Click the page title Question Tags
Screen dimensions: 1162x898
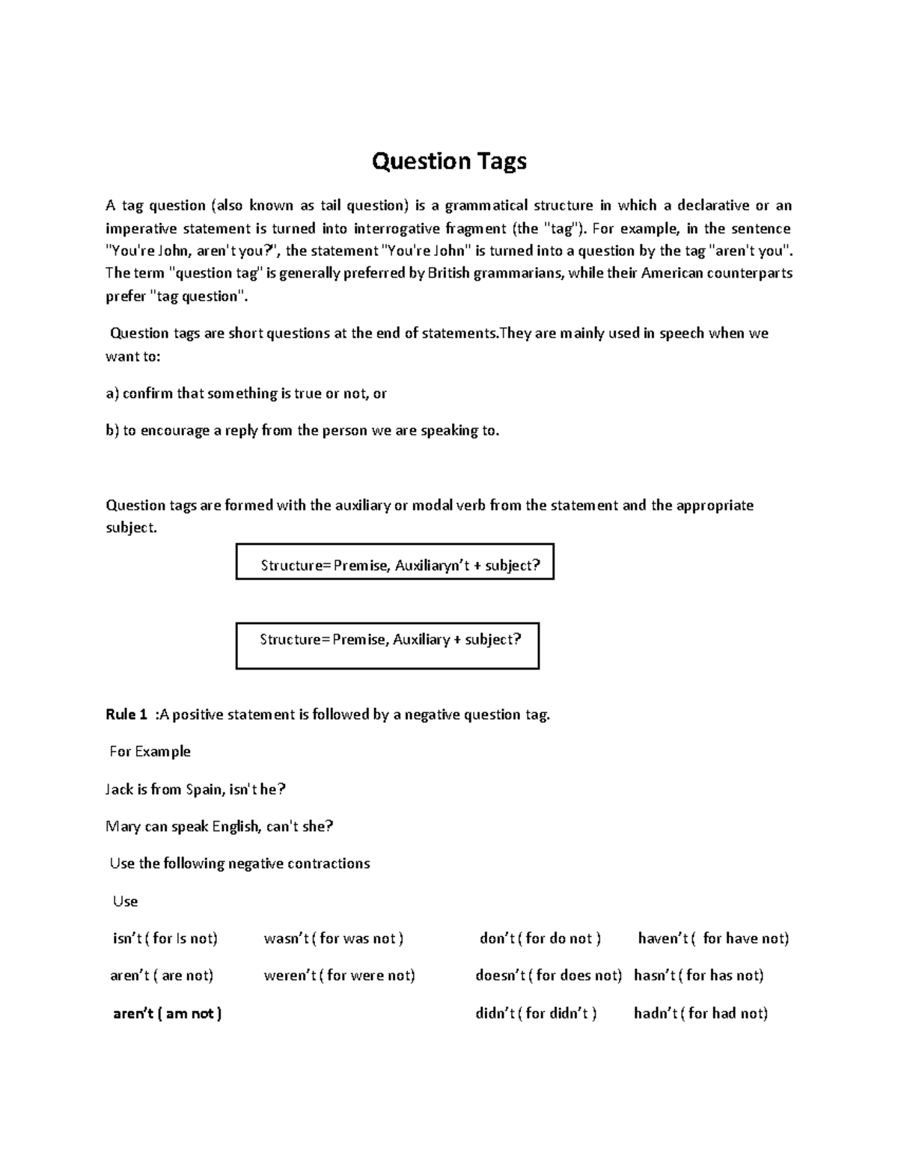[x=449, y=161]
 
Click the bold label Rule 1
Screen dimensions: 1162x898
[x=126, y=715]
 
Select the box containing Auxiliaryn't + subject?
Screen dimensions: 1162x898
[x=395, y=562]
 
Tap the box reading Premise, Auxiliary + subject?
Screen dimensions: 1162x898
[x=388, y=645]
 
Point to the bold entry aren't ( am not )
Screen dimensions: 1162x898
[x=167, y=1013]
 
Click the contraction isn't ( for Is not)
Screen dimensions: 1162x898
[x=165, y=938]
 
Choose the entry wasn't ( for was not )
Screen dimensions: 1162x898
[x=334, y=938]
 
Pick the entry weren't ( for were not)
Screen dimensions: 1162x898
[x=339, y=976]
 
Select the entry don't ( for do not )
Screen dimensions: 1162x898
[x=540, y=938]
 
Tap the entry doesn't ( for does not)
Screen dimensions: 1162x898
[x=549, y=976]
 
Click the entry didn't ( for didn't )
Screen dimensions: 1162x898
[x=536, y=1013]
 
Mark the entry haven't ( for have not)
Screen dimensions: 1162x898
[x=713, y=938]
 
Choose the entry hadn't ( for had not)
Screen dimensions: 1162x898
[x=700, y=1013]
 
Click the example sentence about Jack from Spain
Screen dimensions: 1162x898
[x=196, y=789]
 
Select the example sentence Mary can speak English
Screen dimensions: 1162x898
[x=219, y=827]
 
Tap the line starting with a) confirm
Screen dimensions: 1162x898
[x=246, y=394]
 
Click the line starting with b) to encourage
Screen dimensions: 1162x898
[x=302, y=431]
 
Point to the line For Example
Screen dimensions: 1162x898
[x=150, y=751]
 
